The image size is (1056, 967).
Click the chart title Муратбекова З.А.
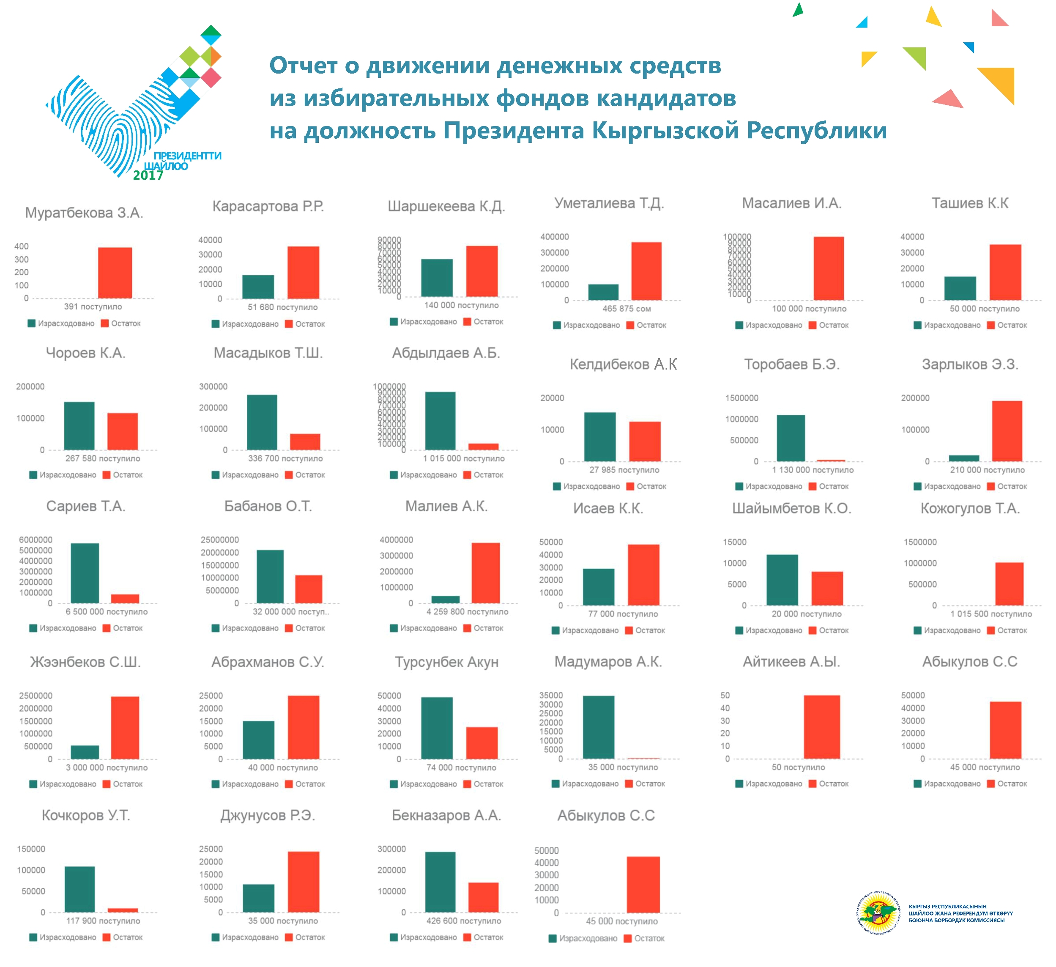pos(84,213)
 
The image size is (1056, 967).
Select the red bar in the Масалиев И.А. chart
pos(829,268)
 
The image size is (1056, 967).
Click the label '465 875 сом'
pos(626,309)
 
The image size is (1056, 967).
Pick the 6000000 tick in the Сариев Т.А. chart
pos(36,540)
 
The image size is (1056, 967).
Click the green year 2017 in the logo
pos(148,175)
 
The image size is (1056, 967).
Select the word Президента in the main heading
pos(513,130)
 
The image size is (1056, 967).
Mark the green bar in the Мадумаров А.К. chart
pos(599,727)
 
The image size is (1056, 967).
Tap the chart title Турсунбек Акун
pos(446,662)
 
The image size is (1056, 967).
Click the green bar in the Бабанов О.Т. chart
pos(270,576)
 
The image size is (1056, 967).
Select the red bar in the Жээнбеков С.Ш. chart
pos(125,728)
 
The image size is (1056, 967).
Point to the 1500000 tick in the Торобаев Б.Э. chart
pos(742,398)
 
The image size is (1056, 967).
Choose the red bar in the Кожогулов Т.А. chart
pos(1009,583)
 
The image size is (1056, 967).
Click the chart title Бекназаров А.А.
pos(446,816)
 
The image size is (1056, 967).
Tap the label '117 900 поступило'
pos(103,921)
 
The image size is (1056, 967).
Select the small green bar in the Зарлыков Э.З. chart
pos(964,458)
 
